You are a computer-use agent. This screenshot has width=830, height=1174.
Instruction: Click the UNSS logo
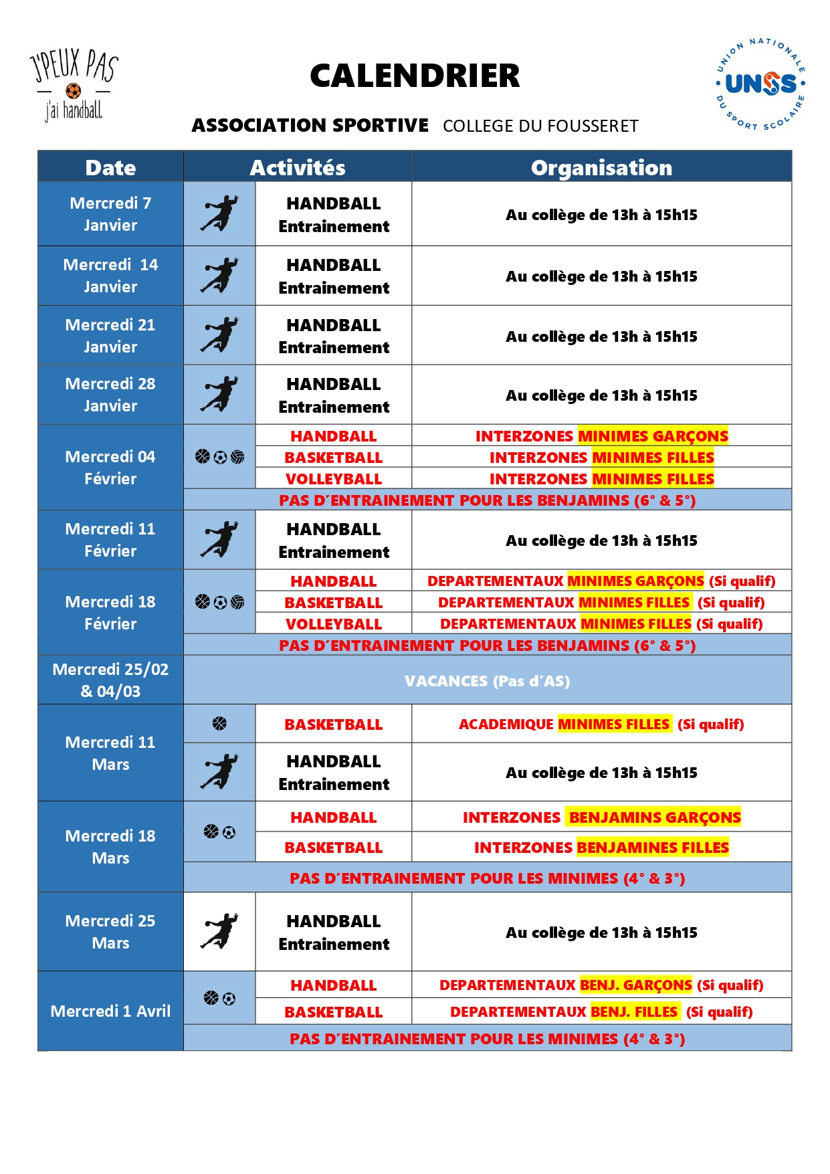tap(760, 84)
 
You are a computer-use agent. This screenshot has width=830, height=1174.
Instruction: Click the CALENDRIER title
tap(415, 76)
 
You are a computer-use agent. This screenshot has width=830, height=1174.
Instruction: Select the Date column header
tap(110, 167)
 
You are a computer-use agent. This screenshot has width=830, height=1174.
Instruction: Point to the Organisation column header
tap(601, 167)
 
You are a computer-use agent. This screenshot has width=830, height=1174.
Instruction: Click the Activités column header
tap(298, 167)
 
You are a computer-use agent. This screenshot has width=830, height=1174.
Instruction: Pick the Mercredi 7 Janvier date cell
tap(110, 214)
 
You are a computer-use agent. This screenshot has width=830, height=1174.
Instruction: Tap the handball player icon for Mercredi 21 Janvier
tap(219, 335)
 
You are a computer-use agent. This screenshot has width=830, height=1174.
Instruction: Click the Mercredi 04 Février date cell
tap(110, 467)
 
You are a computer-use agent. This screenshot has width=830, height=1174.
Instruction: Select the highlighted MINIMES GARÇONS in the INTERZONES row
tap(653, 436)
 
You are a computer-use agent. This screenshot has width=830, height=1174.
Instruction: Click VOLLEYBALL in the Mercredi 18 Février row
tap(334, 624)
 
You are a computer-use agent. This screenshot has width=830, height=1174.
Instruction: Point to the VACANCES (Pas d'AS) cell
tap(487, 681)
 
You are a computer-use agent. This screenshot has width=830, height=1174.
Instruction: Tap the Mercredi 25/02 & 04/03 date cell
tap(110, 680)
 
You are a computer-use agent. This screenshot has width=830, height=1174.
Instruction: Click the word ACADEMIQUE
tap(506, 724)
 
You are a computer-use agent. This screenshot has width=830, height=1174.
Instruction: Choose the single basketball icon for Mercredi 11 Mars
tap(219, 724)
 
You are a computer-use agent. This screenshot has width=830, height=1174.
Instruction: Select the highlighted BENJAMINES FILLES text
tap(652, 848)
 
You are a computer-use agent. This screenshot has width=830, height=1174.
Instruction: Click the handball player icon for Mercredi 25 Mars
tap(219, 931)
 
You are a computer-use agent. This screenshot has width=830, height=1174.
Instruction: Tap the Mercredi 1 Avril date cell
tap(110, 1011)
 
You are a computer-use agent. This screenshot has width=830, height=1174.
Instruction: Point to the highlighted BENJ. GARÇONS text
tap(635, 985)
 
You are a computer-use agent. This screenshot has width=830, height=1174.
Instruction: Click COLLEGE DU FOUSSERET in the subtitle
tap(540, 126)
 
